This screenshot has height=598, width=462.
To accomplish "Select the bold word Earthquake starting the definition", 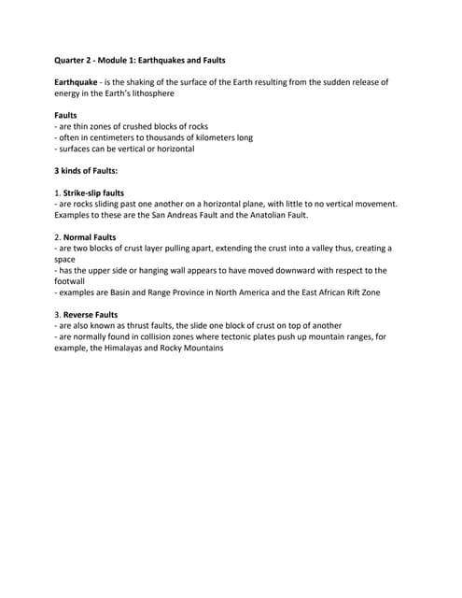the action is tap(79, 82).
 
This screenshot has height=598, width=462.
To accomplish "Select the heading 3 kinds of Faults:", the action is tap(86, 170).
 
